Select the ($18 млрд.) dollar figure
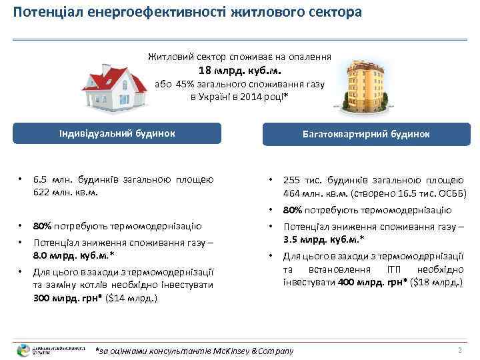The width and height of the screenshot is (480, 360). pyautogui.click(x=435, y=283)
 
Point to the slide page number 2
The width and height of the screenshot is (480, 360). pyautogui.click(x=459, y=350)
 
